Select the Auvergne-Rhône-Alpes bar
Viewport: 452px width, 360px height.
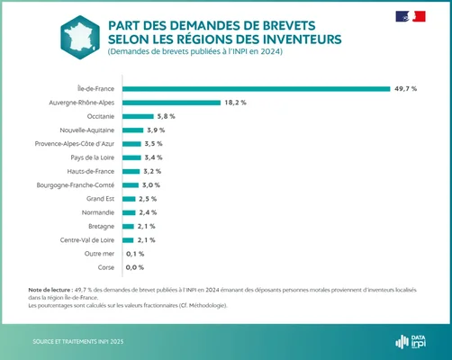[170, 103]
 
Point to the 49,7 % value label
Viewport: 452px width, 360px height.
[404, 88]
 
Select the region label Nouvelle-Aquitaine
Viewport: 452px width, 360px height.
[87, 130]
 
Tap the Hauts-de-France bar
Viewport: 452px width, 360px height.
[130, 171]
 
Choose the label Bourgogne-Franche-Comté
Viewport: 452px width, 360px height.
[76, 185]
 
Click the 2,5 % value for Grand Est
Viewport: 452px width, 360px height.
[149, 199]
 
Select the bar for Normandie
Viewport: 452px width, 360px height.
[128, 212]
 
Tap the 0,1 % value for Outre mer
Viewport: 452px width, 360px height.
[135, 254]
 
